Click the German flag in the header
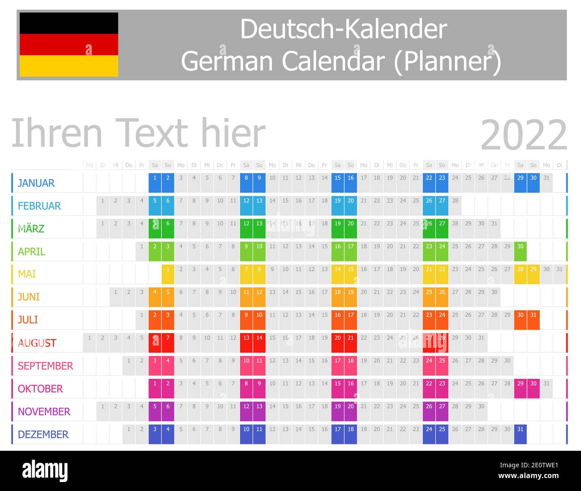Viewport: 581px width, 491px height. (69, 45)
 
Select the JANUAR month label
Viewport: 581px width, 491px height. (36, 183)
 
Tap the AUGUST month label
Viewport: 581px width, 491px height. (37, 343)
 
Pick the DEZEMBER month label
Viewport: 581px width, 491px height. (43, 434)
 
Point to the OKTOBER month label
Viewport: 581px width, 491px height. (40, 389)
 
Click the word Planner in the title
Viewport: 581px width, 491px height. (447, 61)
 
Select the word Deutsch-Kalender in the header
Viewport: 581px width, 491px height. (343, 29)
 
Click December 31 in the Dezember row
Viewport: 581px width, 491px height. (520, 429)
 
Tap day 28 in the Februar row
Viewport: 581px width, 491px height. (455, 201)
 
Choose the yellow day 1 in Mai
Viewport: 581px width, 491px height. (168, 269)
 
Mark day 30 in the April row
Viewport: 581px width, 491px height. (520, 246)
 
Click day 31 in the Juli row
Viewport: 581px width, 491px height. (533, 315)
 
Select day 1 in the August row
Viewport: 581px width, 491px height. (89, 338)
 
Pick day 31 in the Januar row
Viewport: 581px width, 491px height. (546, 178)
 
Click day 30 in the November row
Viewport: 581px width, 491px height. (481, 406)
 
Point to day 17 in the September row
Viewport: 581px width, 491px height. (338, 361)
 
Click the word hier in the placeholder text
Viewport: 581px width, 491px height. (233, 133)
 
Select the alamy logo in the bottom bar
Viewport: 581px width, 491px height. (45, 471)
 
